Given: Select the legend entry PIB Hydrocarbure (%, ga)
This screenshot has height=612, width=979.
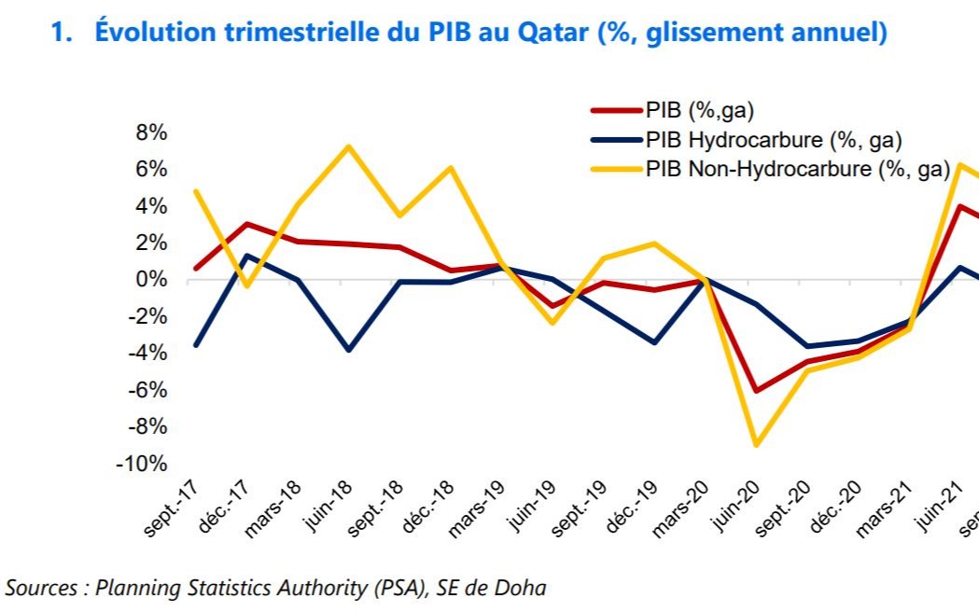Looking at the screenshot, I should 773,140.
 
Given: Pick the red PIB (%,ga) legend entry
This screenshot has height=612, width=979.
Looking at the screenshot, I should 699,110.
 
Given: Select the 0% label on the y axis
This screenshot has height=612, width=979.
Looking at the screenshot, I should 151,280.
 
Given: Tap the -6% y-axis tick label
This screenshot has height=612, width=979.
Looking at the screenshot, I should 147,390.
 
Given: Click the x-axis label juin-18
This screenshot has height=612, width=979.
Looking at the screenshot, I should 329,509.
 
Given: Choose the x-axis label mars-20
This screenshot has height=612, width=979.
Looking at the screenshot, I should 689,509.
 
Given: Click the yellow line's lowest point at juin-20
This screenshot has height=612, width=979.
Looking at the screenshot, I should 755,445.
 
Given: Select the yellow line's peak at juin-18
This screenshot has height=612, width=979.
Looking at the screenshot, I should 348,146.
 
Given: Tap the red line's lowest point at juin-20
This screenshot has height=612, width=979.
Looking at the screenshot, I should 755,391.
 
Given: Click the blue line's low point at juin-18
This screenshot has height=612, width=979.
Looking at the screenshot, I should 348,350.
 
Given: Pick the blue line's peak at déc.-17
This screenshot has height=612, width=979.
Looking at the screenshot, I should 246,256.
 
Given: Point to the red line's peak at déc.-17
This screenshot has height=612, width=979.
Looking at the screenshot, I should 246,224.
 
